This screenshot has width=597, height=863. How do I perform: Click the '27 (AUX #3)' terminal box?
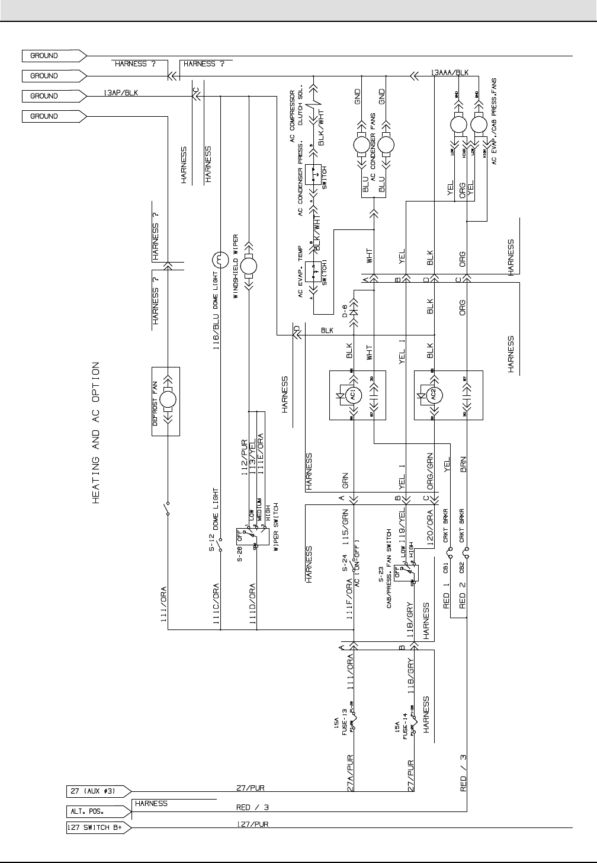(x=95, y=790)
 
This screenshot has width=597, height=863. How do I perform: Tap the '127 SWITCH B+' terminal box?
(x=95, y=829)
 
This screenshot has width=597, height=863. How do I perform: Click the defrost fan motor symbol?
(x=166, y=402)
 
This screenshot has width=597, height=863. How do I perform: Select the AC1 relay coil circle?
(x=353, y=395)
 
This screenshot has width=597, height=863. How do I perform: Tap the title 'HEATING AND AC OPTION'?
(x=96, y=433)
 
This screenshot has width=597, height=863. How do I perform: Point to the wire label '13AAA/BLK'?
(x=450, y=72)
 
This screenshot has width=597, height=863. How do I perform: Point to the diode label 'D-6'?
(x=344, y=310)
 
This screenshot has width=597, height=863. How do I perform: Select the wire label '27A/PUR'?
(x=351, y=773)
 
